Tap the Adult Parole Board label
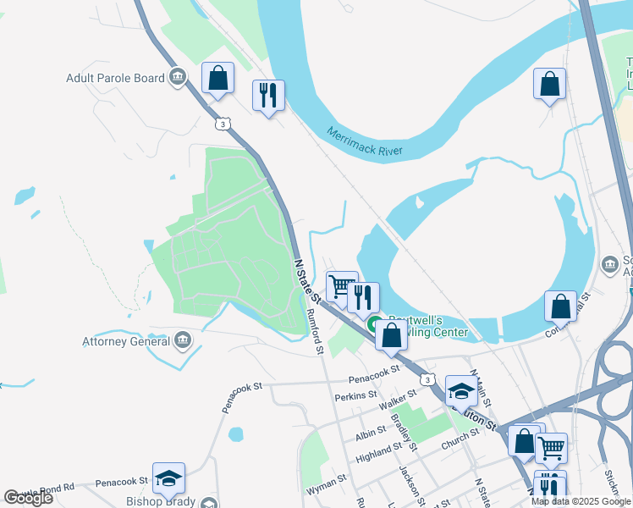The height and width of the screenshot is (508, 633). click(x=115, y=78)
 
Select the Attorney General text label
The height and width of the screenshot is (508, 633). click(x=125, y=341)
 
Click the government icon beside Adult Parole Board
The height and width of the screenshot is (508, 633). click(x=177, y=78)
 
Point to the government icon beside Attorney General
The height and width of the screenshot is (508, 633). click(x=182, y=341)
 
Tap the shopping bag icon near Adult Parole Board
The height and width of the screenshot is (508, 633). click(x=218, y=79)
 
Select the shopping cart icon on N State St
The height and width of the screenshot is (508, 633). click(x=341, y=285)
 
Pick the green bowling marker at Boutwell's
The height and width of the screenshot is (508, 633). click(x=373, y=323)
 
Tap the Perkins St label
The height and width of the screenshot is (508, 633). click(x=355, y=395)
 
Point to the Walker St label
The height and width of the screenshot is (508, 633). click(x=399, y=399)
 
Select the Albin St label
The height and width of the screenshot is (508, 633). click(x=372, y=433)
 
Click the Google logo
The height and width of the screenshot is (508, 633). click(x=28, y=497)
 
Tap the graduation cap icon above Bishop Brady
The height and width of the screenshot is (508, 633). click(x=168, y=478)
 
